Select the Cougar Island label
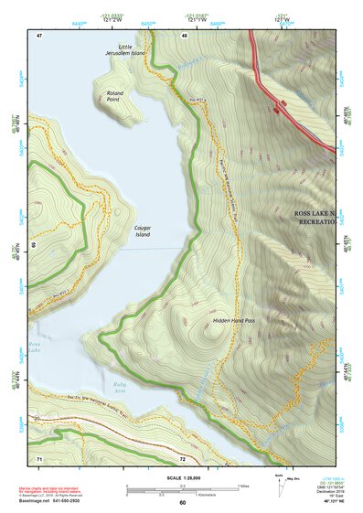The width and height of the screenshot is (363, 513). tap(142, 230)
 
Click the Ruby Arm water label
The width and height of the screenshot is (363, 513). tap(121, 389)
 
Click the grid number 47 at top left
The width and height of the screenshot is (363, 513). tap(39, 35)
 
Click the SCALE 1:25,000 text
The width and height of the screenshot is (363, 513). tap(182, 476)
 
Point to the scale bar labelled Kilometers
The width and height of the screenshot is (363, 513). tap(182, 492)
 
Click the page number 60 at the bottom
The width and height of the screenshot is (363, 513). tap(182, 503)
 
